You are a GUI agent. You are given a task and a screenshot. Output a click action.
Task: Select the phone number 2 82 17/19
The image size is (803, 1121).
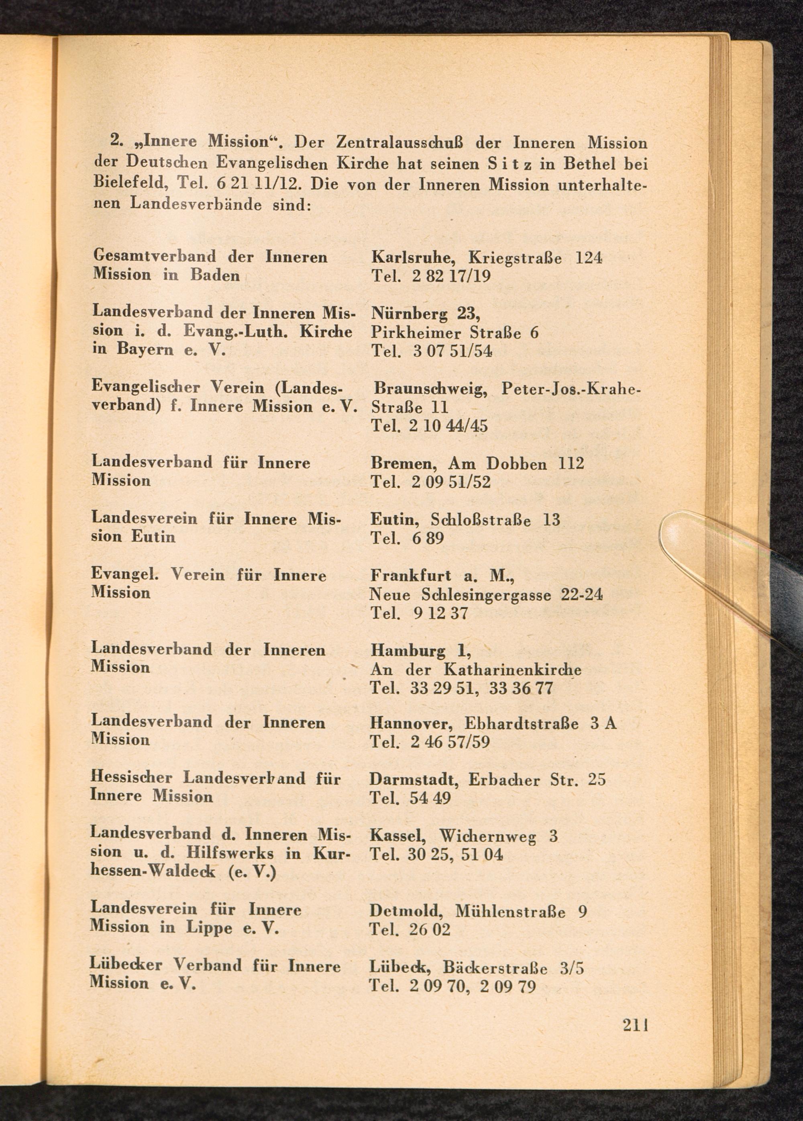[x=450, y=276]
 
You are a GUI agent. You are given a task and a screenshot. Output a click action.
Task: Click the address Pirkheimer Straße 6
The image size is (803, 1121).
[x=454, y=333]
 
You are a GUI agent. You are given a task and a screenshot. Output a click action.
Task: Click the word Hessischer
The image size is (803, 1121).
[x=131, y=778]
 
